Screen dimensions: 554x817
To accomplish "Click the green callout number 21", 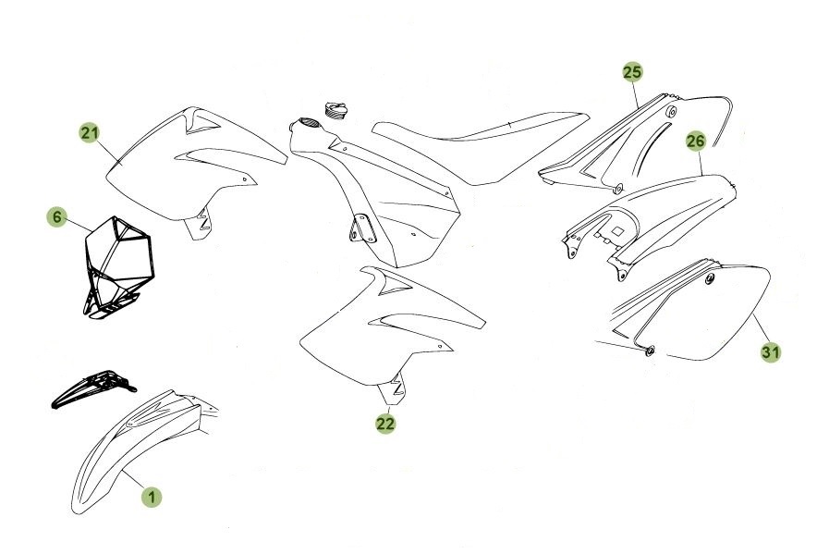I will tap(89, 133).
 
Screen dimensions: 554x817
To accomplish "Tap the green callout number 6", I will tap(57, 217).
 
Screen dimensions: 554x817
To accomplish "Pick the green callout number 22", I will tap(385, 424).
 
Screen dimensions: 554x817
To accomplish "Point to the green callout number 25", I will tap(631, 71).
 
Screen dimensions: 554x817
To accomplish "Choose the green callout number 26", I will tap(696, 141).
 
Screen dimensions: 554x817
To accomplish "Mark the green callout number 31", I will tap(770, 351).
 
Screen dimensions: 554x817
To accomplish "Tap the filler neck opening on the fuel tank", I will tap(305, 125).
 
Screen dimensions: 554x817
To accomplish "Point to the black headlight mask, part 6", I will tap(116, 264).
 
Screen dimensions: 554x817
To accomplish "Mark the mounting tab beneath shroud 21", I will tap(199, 225).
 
